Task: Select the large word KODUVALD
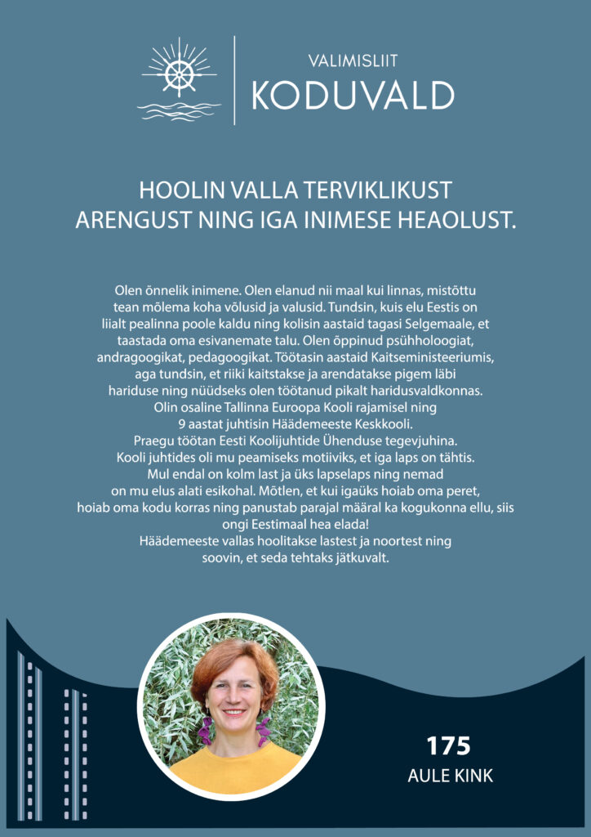[x=353, y=96]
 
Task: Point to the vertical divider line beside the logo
[x=234, y=80]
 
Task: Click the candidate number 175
[x=449, y=745]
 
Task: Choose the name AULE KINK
[x=450, y=776]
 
